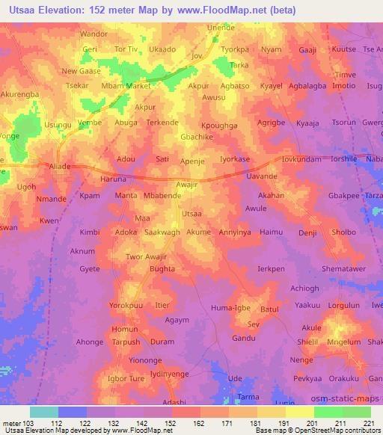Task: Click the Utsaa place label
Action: point(192,213)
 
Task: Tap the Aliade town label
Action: point(59,166)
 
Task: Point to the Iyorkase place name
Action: point(235,159)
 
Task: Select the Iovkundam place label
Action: point(302,159)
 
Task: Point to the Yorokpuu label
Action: point(126,306)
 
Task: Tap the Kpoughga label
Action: point(219,126)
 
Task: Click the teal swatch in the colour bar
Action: point(44,412)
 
